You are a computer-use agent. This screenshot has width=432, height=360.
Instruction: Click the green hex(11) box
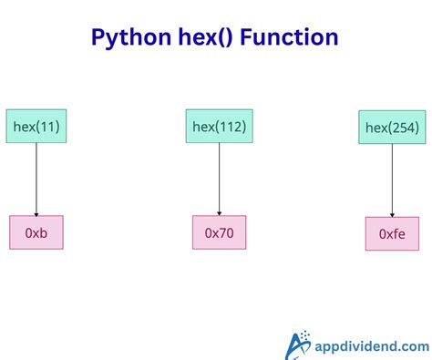pos(36,126)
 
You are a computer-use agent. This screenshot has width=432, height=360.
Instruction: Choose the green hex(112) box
pos(219,126)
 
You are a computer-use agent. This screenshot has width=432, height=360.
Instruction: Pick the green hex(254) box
pos(392,128)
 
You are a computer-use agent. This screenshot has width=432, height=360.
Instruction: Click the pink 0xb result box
pos(36,233)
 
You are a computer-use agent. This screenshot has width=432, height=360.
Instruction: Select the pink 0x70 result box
pos(219,233)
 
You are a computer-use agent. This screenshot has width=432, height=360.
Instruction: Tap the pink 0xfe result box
pos(392,234)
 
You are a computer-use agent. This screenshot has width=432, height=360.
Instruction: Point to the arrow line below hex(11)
pos(36,178)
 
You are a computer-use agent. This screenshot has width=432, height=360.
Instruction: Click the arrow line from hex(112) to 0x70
pos(219,178)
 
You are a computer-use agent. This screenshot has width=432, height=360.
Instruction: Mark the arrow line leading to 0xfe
pos(392,180)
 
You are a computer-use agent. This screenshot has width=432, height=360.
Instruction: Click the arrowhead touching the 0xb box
pos(36,212)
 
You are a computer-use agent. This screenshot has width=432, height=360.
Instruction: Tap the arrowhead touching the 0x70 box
pos(219,212)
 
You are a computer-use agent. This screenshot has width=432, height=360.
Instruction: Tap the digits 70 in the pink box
pos(225,233)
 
